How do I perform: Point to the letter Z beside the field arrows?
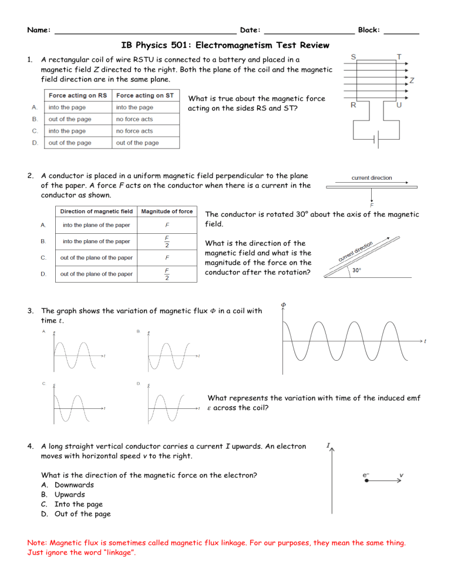[x=412, y=80]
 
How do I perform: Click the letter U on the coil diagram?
[x=399, y=105]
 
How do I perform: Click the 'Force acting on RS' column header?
[x=78, y=95]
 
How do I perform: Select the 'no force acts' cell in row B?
[x=134, y=119]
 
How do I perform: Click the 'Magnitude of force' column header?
[x=167, y=211]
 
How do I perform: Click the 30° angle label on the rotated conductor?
[x=357, y=270]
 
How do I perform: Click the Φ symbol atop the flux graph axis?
[x=284, y=304]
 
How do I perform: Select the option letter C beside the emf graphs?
[x=44, y=384]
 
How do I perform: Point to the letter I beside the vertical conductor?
[x=327, y=446]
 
